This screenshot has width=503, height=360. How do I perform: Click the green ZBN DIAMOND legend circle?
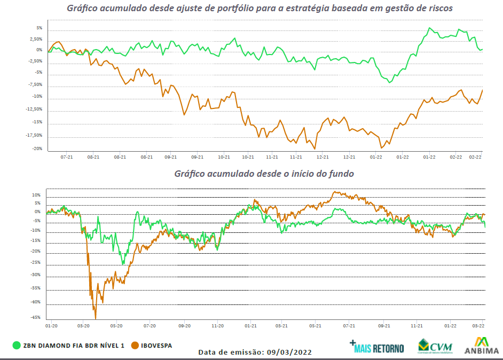[x=15, y=346]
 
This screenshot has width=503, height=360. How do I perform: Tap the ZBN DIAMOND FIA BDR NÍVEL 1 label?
[x=73, y=346]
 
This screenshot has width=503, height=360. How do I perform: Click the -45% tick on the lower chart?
[x=36, y=317]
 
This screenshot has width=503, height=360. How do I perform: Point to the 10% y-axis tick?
[x=37, y=195]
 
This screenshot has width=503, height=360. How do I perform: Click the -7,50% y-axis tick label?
[x=36, y=84]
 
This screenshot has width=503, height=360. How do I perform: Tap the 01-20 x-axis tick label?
[x=51, y=325]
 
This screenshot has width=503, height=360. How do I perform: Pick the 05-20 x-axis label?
[x=116, y=325]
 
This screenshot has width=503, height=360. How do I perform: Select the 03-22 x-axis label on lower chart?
[x=478, y=325]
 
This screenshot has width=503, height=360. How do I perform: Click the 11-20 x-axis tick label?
[x=217, y=325]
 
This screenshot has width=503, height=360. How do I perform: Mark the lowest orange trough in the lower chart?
[x=96, y=318]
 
